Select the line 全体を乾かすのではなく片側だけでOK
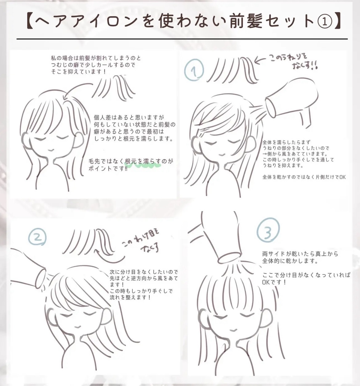point(304,177)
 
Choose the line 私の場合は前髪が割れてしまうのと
point(96,58)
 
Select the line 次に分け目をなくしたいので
point(144,271)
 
